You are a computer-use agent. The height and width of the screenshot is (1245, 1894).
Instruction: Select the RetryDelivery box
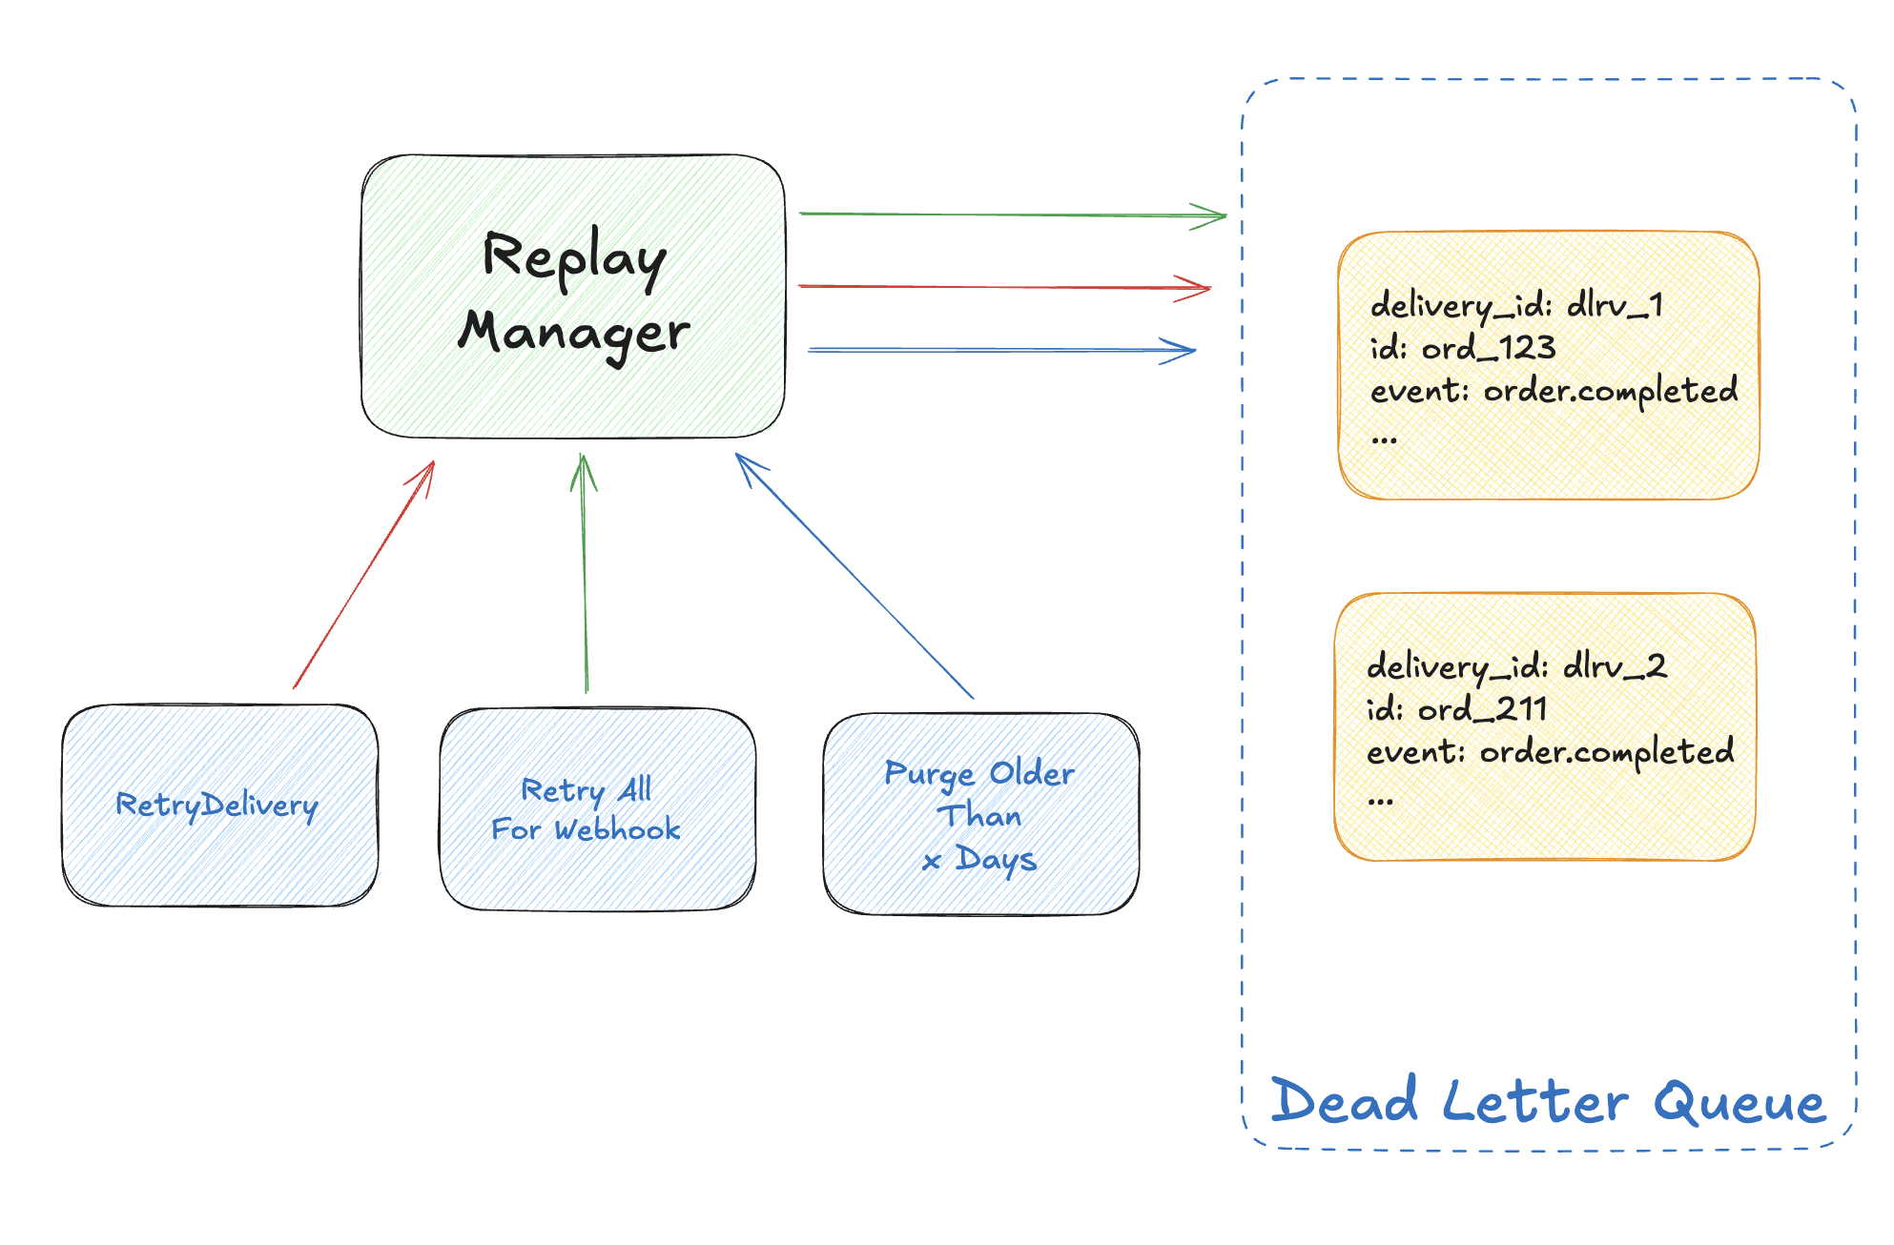pyautogui.click(x=219, y=806)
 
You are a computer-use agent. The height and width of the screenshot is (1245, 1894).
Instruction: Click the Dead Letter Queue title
pyautogui.click(x=1548, y=1101)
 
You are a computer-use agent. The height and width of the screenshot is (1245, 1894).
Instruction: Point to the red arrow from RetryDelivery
pyautogui.click(x=363, y=575)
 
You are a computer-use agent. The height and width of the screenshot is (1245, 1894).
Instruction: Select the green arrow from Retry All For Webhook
pyautogui.click(x=585, y=572)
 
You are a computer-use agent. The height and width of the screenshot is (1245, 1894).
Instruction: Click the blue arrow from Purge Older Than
pyautogui.click(x=854, y=576)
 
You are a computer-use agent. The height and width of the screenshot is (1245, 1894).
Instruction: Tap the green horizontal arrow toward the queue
pyautogui.click(x=1011, y=215)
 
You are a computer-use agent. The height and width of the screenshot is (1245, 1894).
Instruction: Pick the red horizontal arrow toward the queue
pyautogui.click(x=1003, y=287)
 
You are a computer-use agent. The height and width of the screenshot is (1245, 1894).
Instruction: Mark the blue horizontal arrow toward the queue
pyautogui.click(x=1001, y=351)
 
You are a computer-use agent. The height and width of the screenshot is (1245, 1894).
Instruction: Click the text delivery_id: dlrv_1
pyautogui.click(x=1516, y=305)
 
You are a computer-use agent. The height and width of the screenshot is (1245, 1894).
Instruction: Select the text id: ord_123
pyautogui.click(x=1463, y=348)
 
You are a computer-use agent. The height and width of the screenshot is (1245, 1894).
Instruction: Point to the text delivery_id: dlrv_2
pyautogui.click(x=1516, y=666)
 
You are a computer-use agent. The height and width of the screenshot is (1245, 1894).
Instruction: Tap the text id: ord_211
pyautogui.click(x=1456, y=709)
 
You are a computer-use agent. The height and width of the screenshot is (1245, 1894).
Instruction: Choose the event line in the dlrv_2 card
pyautogui.click(x=1550, y=752)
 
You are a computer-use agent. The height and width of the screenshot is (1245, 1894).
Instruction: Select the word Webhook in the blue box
pyautogui.click(x=618, y=829)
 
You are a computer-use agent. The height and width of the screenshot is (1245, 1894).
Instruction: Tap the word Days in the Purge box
pyautogui.click(x=997, y=859)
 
